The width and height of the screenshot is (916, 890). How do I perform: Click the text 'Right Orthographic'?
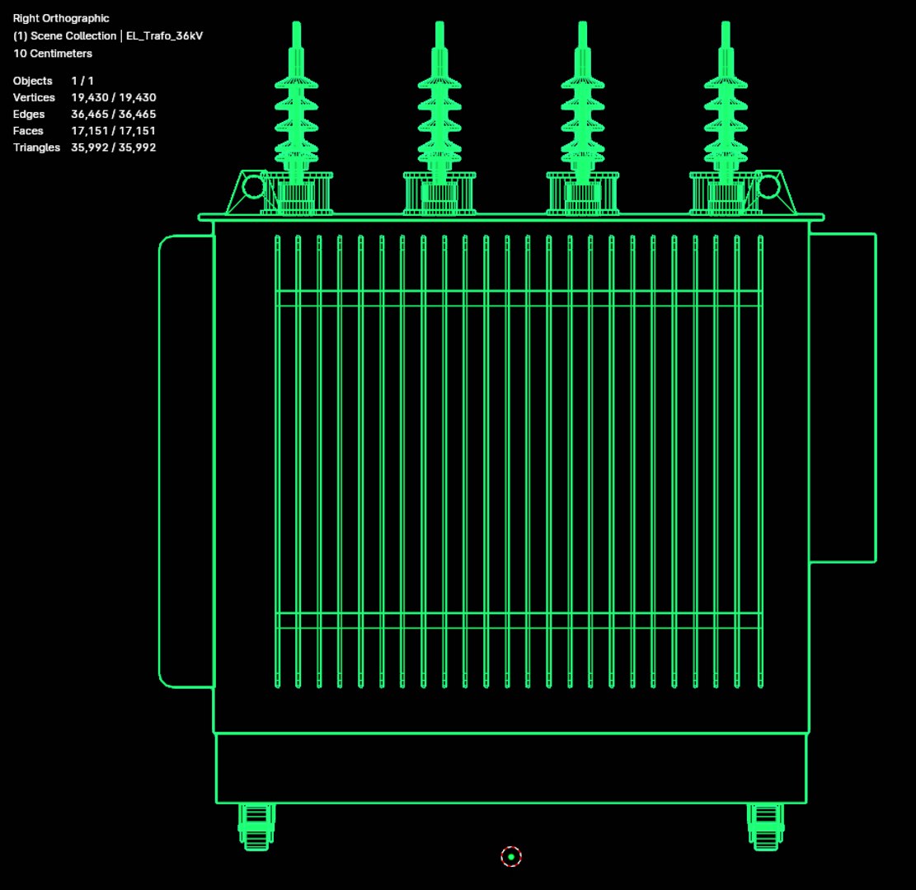[61, 18]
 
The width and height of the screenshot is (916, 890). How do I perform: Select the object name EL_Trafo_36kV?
[164, 36]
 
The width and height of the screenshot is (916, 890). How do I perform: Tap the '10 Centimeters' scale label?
[53, 54]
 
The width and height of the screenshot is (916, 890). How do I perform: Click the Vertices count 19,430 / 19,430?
[114, 97]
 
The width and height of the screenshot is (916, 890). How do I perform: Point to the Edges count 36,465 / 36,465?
[114, 114]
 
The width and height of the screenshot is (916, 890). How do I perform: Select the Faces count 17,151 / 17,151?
[114, 130]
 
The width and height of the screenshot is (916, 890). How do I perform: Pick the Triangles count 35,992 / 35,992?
[114, 148]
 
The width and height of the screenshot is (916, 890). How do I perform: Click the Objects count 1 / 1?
[82, 81]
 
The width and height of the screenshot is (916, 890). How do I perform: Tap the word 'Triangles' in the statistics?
[36, 148]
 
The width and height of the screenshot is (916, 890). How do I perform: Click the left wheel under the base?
[256, 826]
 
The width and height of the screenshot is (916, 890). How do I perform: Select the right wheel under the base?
[765, 826]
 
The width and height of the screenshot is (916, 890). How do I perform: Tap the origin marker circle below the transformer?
[511, 857]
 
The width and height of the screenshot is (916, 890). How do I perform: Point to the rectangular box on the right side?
[842, 397]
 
